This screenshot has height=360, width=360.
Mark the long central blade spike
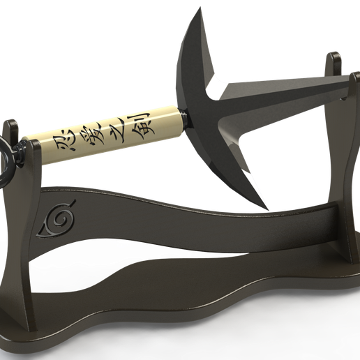(293, 91)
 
